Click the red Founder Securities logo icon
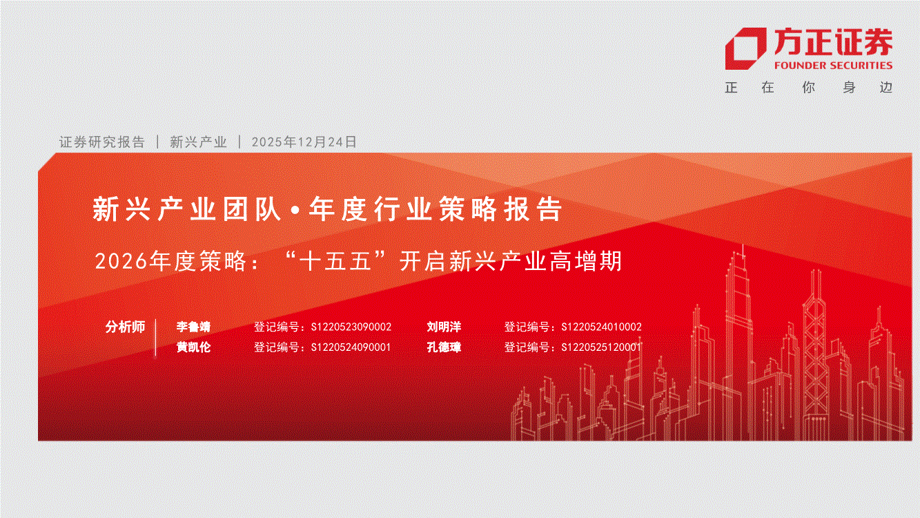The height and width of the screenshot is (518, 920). (x=745, y=48)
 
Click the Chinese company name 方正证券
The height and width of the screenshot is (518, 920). (x=833, y=42)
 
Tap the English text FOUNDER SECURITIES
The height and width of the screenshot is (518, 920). (x=833, y=66)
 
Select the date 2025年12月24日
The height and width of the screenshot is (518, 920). (x=304, y=142)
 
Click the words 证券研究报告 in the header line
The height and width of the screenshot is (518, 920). (x=102, y=142)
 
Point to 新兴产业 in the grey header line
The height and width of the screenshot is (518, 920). (x=198, y=142)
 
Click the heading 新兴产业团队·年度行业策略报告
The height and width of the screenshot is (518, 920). (x=327, y=209)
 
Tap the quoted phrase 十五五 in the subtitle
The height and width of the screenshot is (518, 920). (x=335, y=261)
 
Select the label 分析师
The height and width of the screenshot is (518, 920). (x=126, y=327)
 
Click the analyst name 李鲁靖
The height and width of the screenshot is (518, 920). (x=193, y=327)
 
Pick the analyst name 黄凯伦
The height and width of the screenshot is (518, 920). (x=193, y=347)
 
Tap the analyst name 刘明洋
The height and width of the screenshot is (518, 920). (x=444, y=327)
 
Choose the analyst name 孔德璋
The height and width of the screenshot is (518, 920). (x=444, y=347)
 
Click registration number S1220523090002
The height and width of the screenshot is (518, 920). (x=351, y=327)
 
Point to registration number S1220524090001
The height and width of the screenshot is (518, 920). (x=351, y=347)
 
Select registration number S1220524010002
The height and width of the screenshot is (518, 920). (x=601, y=327)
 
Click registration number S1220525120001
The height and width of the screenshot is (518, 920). (x=601, y=347)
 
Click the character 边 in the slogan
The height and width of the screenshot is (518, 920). (x=886, y=87)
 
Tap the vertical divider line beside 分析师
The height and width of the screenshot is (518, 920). (x=156, y=337)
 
